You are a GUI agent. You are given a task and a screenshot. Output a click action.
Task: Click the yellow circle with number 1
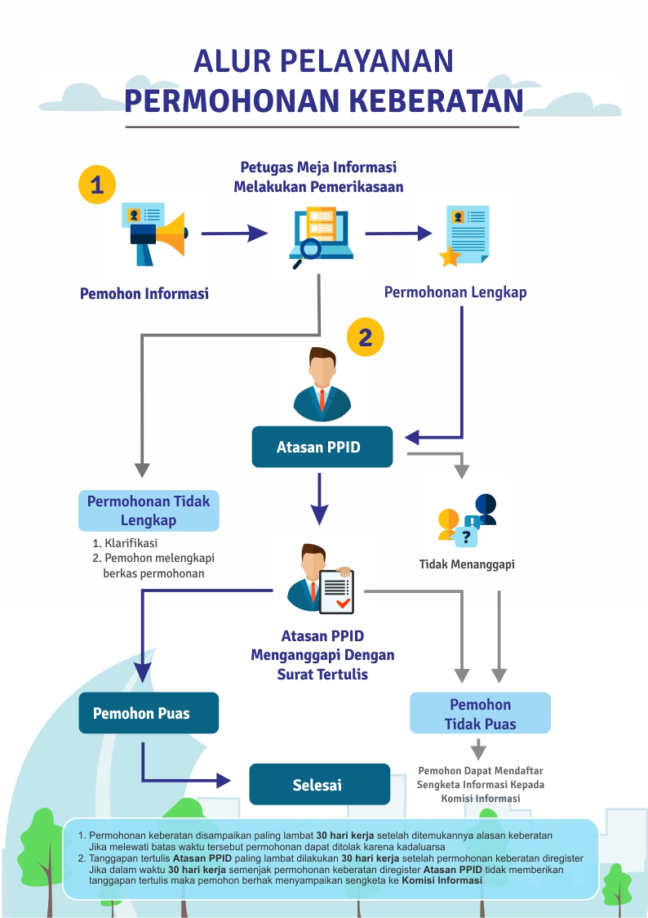point(97,185)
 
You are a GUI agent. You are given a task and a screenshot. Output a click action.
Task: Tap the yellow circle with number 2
point(366,337)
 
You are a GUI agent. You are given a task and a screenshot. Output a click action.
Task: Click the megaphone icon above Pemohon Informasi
point(155,234)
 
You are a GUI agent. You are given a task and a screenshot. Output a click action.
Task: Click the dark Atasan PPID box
point(322,447)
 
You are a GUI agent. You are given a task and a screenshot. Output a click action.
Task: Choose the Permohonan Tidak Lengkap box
point(149,510)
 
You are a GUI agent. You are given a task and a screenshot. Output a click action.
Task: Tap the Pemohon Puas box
point(149,713)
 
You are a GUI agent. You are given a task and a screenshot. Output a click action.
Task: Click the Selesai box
point(319,784)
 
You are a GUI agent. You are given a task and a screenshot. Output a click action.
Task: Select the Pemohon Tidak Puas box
point(480,713)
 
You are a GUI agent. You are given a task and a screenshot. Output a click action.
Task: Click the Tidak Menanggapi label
point(467,564)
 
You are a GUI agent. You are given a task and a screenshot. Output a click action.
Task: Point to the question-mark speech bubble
point(465,537)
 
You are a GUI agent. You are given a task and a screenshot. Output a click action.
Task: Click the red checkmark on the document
point(343,602)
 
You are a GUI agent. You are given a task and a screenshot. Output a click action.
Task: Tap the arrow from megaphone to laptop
point(234,233)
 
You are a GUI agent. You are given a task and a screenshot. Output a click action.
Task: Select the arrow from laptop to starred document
point(398,233)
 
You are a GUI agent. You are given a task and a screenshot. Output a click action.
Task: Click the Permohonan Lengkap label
point(455,292)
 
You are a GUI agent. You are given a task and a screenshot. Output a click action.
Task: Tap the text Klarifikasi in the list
point(131,543)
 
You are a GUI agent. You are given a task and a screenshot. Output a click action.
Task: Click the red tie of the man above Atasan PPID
point(322,400)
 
